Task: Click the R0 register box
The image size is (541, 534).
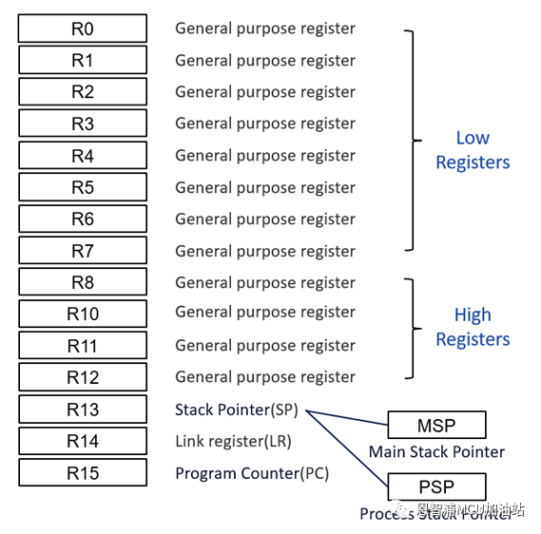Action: tap(83, 29)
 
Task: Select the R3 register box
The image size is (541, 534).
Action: tap(83, 124)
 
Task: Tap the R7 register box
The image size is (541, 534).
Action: tap(83, 251)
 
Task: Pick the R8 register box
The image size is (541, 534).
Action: tap(83, 282)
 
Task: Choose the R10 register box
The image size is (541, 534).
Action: tap(83, 314)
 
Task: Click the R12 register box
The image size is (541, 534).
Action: tap(83, 377)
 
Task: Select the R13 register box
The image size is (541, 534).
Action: tap(83, 410)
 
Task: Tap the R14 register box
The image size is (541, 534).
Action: tap(83, 441)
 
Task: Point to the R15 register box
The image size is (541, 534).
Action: tap(83, 472)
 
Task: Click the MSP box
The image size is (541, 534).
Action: tap(436, 425)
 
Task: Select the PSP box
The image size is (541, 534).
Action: tap(436, 487)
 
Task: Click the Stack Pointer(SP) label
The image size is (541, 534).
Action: tap(237, 410)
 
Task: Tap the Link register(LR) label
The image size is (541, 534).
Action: tap(233, 441)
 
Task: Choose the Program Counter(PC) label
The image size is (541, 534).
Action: tap(252, 472)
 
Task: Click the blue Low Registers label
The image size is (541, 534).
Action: tap(473, 150)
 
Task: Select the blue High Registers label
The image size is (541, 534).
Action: tap(473, 327)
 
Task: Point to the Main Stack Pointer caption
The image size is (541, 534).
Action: tap(436, 451)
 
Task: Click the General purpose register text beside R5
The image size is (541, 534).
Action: tap(264, 187)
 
